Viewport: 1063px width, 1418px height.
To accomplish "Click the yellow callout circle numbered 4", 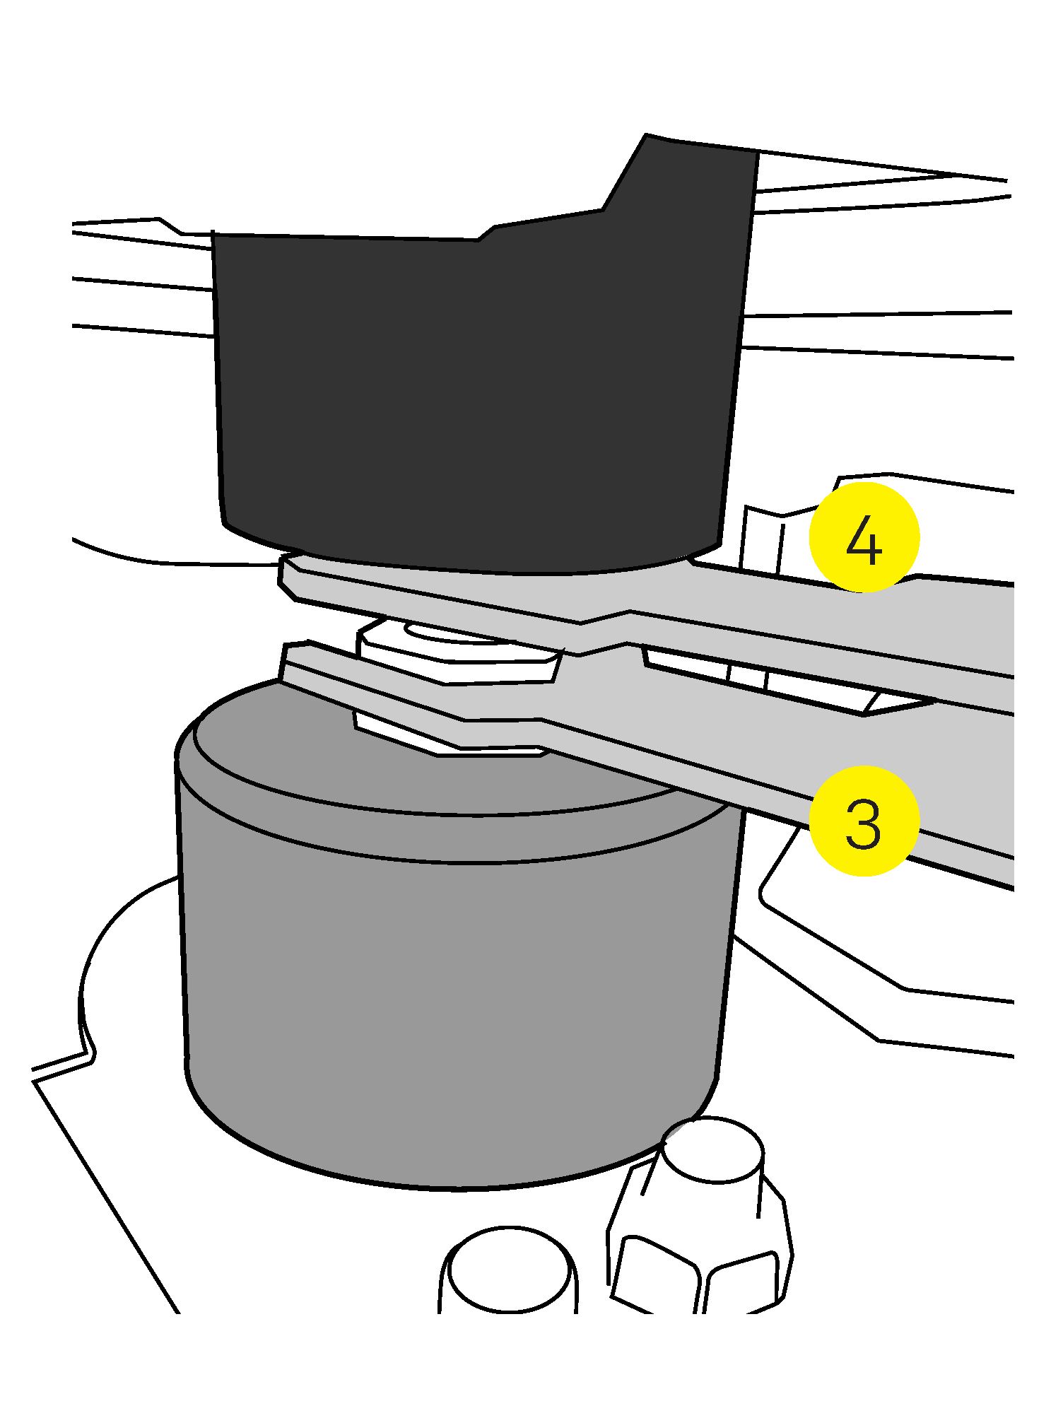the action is tap(864, 537).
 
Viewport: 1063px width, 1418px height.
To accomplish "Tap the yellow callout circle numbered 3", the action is tap(864, 822).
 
